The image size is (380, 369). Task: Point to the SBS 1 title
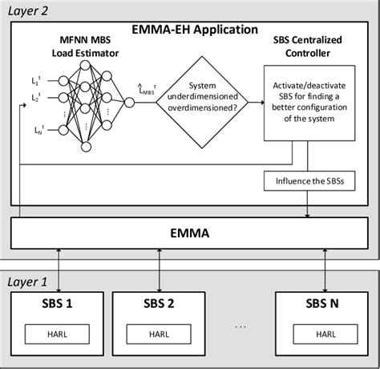pyautogui.click(x=58, y=306)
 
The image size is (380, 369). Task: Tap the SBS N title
pyautogui.click(x=324, y=306)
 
